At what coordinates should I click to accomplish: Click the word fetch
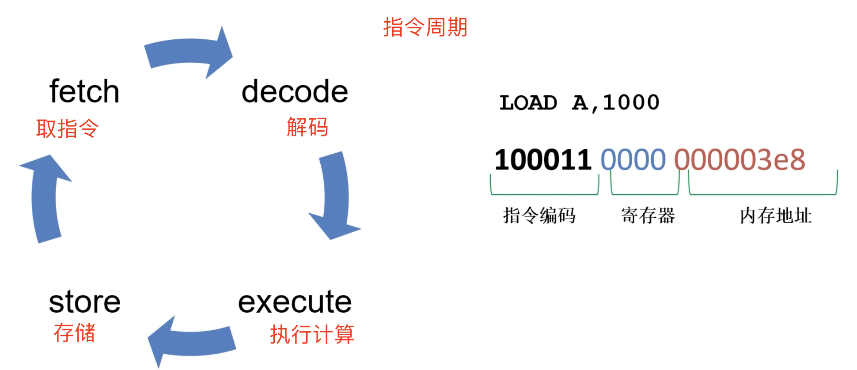[x=84, y=91]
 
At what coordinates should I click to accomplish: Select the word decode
[x=295, y=91]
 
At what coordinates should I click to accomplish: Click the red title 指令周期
[x=425, y=27]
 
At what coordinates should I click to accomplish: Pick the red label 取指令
[x=67, y=128]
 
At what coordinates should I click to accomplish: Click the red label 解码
[x=307, y=127]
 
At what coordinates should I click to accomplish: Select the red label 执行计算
[x=312, y=334]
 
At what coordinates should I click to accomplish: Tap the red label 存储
[x=74, y=332]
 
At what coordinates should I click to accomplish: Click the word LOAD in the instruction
[x=528, y=103]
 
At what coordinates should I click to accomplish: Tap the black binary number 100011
[x=543, y=159]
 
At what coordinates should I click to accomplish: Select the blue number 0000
[x=633, y=159]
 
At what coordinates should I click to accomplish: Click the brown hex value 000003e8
[x=739, y=159]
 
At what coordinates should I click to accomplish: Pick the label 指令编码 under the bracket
[x=539, y=215]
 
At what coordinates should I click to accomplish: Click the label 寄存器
[x=648, y=215]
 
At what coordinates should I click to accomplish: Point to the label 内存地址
[x=776, y=215]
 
